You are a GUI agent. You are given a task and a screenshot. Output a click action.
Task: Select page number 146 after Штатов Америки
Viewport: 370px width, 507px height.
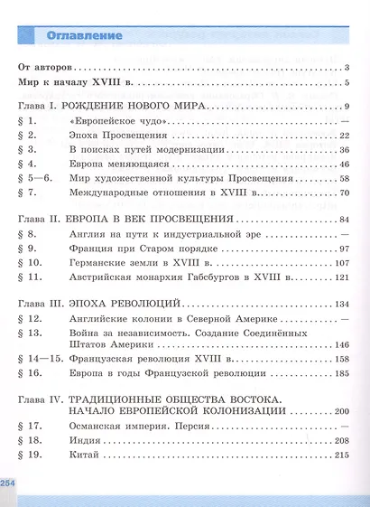click(x=341, y=345)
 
